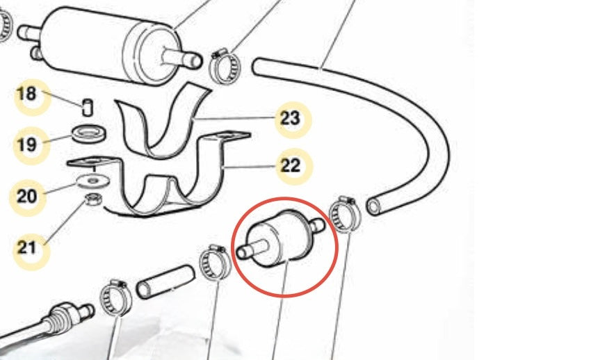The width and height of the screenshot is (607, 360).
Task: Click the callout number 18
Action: point(26,94)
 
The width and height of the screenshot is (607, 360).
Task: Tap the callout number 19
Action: point(26,145)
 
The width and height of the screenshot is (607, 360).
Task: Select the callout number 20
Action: point(26,196)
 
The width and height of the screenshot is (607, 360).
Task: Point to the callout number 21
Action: point(26,247)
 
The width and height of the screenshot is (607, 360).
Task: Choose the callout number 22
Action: point(290,165)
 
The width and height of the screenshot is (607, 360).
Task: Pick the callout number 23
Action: point(290,118)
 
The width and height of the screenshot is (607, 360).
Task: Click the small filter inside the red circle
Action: point(281,239)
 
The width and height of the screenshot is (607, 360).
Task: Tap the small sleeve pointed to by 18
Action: point(88,107)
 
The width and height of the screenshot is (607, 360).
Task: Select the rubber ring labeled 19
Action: point(90,133)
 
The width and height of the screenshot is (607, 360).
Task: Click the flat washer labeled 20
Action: point(92,181)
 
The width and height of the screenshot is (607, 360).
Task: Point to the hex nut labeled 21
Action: point(93,200)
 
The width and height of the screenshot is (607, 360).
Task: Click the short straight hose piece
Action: point(165,281)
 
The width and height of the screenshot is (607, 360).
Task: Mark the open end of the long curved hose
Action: point(373,206)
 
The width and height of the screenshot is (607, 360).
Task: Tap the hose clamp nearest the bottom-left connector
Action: point(115,298)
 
